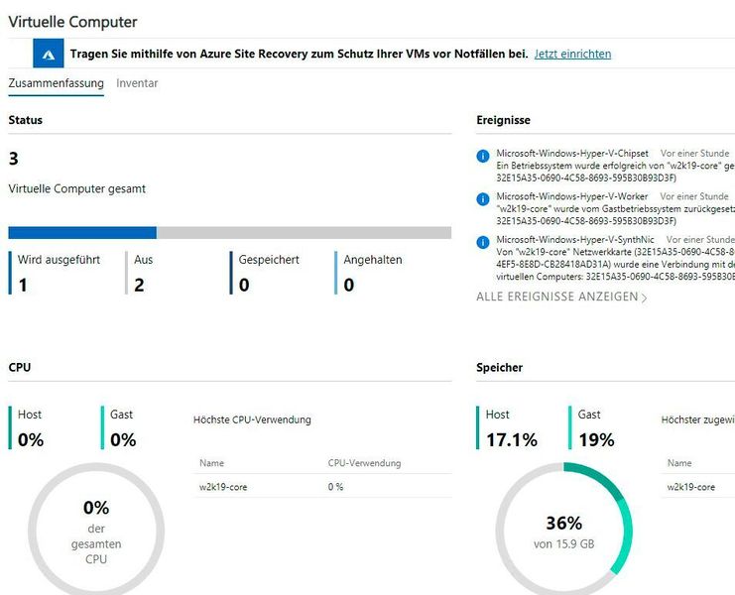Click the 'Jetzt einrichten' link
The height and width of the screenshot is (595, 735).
click(572, 54)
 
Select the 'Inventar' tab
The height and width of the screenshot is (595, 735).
click(137, 83)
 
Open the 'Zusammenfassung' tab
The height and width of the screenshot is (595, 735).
click(56, 83)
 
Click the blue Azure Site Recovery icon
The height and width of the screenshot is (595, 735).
click(49, 54)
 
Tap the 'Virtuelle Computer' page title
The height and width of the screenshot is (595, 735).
click(72, 21)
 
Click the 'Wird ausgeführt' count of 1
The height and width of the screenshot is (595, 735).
click(23, 285)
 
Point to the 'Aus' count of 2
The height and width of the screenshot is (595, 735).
click(139, 285)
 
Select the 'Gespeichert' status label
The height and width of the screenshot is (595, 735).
click(269, 260)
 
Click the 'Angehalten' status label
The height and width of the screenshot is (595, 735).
click(373, 260)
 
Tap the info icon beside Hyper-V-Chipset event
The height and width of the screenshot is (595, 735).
click(483, 156)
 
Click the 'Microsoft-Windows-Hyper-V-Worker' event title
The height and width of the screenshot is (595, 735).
click(573, 197)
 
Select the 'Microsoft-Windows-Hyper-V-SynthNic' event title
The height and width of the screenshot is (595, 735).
click(576, 240)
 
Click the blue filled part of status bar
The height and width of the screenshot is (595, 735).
click(82, 232)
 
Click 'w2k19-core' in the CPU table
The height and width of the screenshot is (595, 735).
click(222, 487)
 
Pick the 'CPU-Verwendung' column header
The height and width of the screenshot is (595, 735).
click(364, 463)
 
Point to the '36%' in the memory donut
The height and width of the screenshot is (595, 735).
click(563, 524)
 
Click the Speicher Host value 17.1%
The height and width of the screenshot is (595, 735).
click(512, 439)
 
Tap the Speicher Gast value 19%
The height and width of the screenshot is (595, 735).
click(596, 439)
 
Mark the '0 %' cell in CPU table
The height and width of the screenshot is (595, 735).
click(335, 487)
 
